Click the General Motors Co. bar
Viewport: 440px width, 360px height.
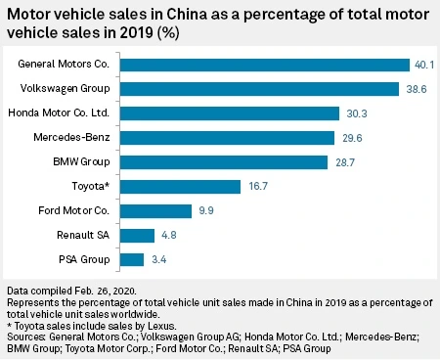[265, 65]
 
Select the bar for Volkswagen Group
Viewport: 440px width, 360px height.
[259, 89]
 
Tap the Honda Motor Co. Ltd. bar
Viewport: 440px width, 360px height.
[230, 113]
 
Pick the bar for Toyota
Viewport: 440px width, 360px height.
[180, 187]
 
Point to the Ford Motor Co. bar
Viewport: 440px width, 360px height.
[155, 211]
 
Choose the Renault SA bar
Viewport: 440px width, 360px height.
[137, 236]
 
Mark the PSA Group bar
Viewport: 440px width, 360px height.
[132, 260]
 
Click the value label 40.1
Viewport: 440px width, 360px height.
[424, 65]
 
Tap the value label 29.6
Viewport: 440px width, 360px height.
[352, 138]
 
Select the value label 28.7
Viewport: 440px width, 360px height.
[345, 162]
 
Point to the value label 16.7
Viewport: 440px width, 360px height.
[258, 186]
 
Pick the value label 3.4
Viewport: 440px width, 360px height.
[159, 259]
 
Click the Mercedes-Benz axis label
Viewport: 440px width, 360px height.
[71, 137]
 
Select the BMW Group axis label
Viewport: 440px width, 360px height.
[81, 161]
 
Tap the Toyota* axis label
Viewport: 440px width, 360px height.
[91, 186]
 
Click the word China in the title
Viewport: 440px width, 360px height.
[187, 15]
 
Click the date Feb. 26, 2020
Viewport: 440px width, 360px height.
[106, 291]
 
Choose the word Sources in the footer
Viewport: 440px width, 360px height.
[26, 337]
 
